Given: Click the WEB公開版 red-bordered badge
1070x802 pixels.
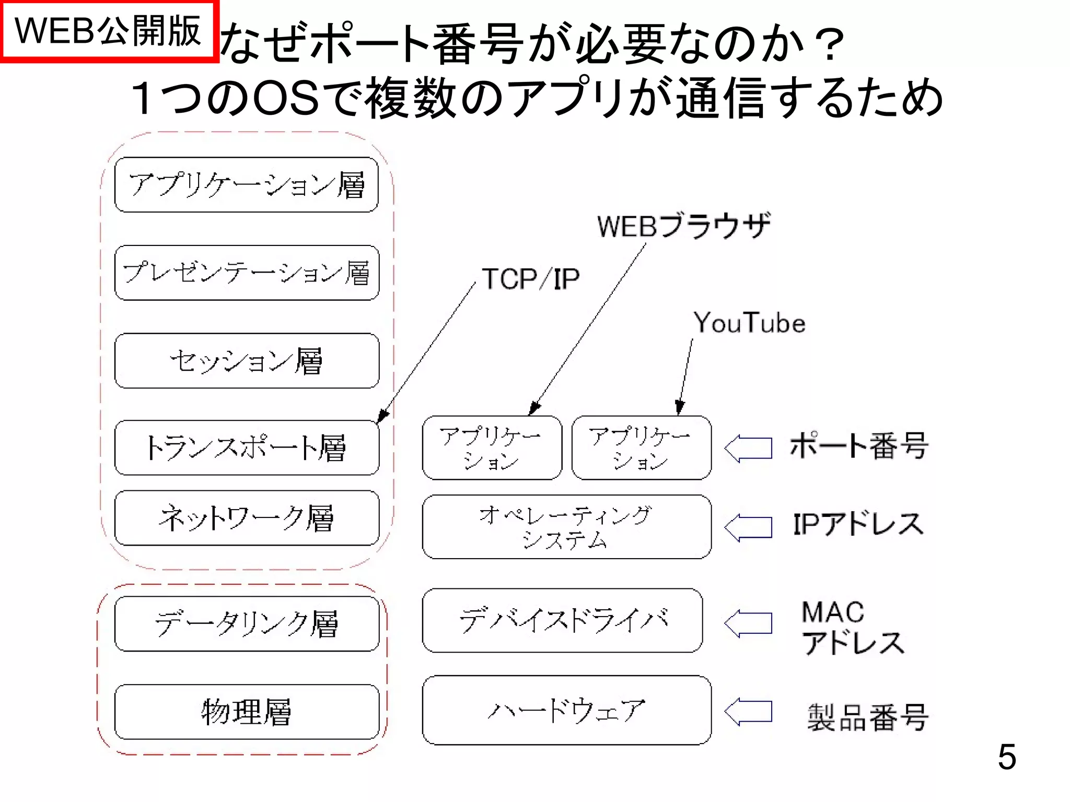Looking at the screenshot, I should click(x=108, y=31).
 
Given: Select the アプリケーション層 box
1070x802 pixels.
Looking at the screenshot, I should click(x=247, y=185).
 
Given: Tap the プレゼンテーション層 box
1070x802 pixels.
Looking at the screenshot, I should click(x=247, y=273).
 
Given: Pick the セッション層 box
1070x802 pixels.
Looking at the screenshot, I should click(x=247, y=361).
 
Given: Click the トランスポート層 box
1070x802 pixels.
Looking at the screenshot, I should click(x=247, y=448).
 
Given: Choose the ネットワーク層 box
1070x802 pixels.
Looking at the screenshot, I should click(x=247, y=518).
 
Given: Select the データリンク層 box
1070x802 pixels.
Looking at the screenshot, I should click(x=247, y=624).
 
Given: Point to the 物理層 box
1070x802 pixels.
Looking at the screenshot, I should click(x=247, y=712).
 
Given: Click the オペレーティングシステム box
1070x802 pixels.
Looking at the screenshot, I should click(x=566, y=527).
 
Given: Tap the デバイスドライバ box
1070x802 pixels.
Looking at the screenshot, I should click(x=562, y=621).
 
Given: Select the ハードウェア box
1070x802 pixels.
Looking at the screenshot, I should click(x=566, y=710).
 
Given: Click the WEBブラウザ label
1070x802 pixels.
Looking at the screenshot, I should click(x=683, y=226).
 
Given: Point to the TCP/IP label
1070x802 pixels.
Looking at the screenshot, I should click(x=530, y=279).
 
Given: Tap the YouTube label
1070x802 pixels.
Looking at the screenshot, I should click(x=749, y=323).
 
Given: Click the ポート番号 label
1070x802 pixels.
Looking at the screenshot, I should click(x=858, y=446).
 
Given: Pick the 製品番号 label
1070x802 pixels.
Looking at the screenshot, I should click(x=867, y=717).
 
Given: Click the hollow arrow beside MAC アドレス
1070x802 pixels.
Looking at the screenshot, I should click(x=748, y=623).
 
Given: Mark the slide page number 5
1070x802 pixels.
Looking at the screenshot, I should click(x=1006, y=757).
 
